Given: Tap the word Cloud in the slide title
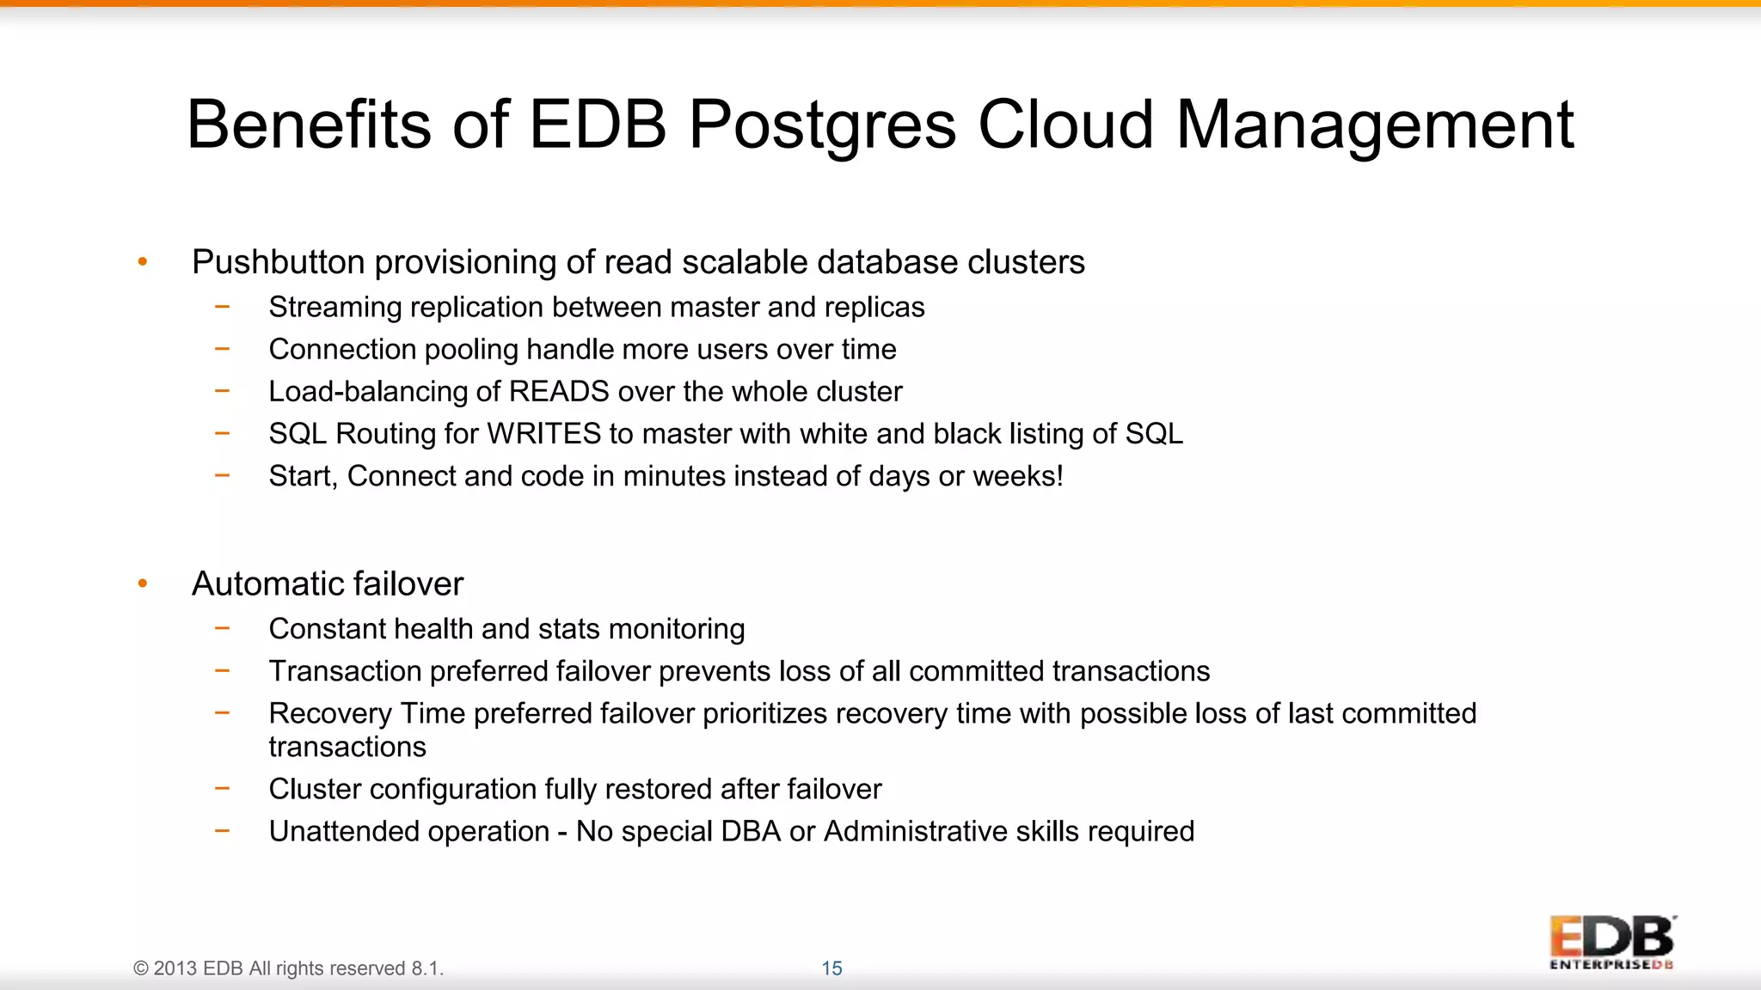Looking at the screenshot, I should (x=1065, y=124).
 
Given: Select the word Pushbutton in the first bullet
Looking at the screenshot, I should (x=278, y=262).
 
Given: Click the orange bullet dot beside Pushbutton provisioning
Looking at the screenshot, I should (x=143, y=262).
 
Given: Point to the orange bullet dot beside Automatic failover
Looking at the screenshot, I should (x=143, y=584).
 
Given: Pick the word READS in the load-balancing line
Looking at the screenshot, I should (x=559, y=392).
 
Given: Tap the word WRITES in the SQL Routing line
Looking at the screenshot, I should (x=543, y=434).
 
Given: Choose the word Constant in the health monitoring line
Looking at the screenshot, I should (x=328, y=629).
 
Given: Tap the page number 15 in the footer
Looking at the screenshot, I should (x=831, y=969).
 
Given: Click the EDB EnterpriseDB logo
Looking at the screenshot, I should (x=1611, y=942).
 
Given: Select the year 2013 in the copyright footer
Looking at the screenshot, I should (x=175, y=969).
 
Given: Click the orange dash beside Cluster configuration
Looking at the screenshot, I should (x=223, y=787).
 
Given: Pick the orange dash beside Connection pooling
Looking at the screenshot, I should (x=223, y=348).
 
